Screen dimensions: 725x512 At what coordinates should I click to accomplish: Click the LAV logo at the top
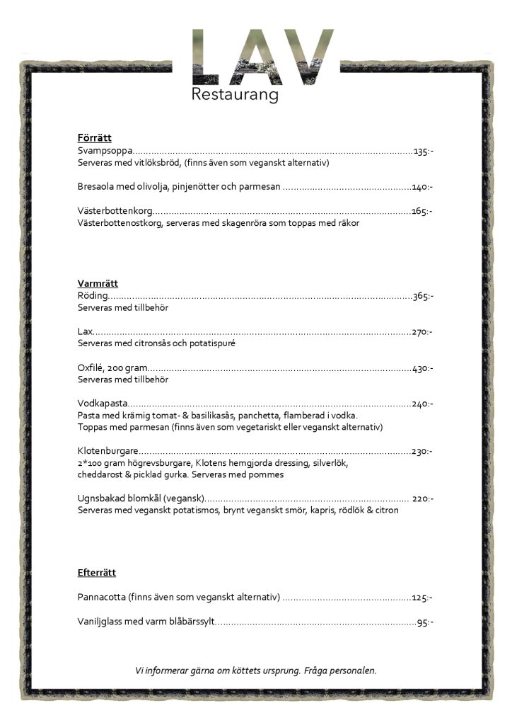coord(262,57)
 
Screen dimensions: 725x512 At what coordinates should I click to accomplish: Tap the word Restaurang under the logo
coord(235,95)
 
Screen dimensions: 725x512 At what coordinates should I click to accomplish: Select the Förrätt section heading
coord(94,138)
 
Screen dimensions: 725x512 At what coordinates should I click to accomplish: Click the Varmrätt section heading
coord(98,284)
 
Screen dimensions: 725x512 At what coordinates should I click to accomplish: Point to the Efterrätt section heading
coord(96,573)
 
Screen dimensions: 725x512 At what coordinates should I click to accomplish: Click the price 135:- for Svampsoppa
coord(424,152)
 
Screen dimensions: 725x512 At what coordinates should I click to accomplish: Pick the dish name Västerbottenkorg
coord(115,211)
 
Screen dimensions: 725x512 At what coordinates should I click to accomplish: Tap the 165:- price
coord(422,211)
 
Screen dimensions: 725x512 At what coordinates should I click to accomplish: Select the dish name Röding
coord(92,296)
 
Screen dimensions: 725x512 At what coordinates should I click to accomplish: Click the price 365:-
coord(423,296)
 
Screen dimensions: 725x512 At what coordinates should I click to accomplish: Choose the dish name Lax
coord(85,331)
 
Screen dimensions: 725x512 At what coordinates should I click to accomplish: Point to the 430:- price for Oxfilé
coord(423,368)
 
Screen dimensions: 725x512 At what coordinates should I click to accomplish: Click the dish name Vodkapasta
coord(102,404)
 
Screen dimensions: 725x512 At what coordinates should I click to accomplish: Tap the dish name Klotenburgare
coord(107,451)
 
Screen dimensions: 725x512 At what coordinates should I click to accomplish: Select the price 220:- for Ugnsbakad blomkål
coord(422,498)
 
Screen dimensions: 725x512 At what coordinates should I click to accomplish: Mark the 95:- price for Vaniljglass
coord(425,622)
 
